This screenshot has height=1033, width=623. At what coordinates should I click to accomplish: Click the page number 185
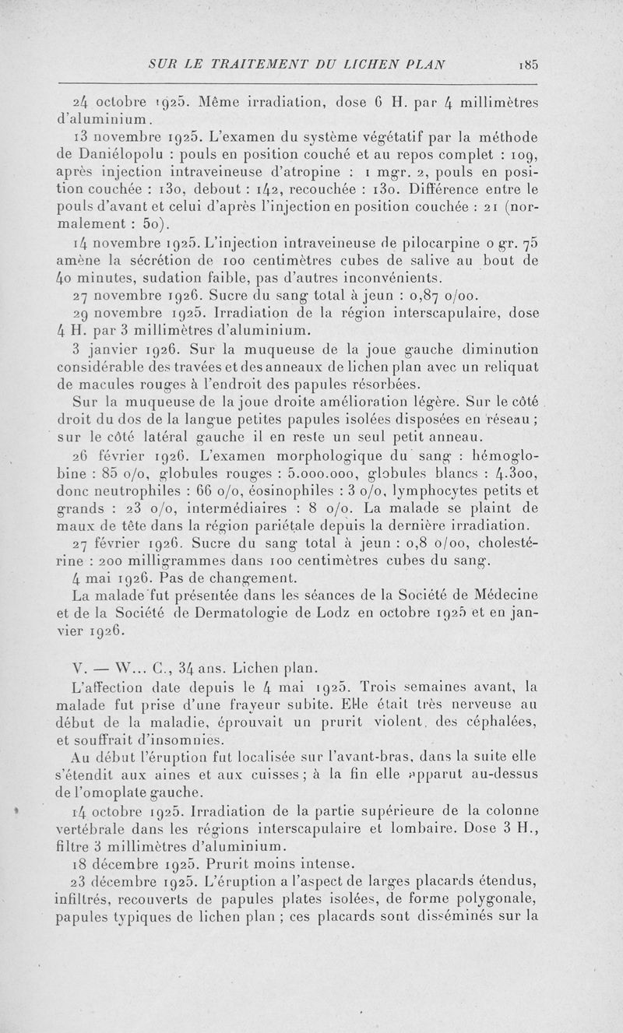coord(527,65)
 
